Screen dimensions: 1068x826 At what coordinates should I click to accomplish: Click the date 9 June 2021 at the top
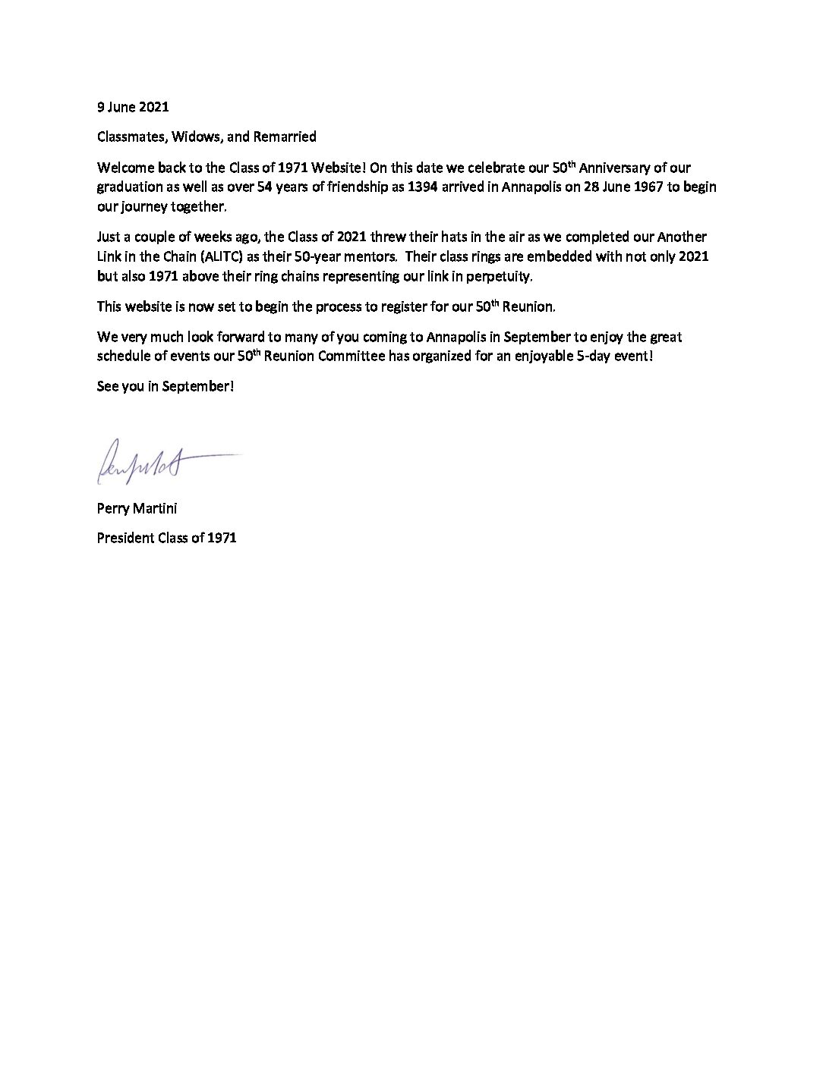point(128,107)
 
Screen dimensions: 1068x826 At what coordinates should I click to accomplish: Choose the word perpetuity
point(506,277)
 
